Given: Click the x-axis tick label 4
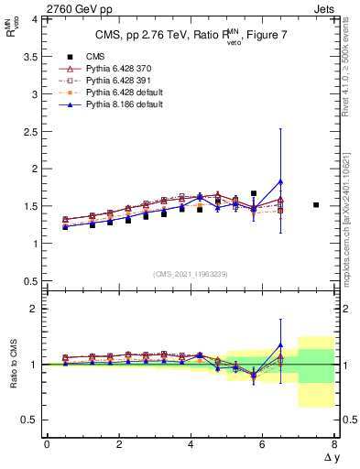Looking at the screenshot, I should tap(191, 444).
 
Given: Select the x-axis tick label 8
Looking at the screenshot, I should tap(334, 444).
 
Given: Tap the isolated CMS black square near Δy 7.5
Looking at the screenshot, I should tap(316, 205).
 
